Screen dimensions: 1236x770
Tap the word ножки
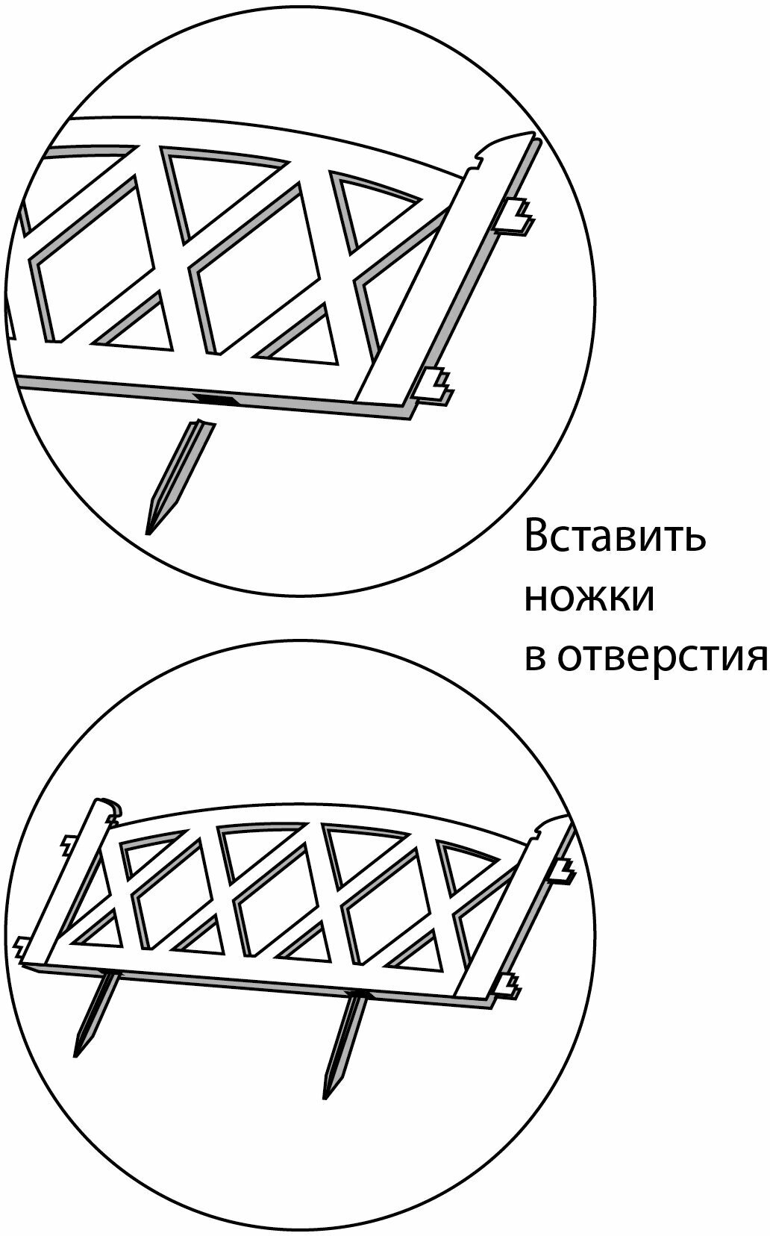[589, 598]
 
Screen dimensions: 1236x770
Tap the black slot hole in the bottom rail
[216, 399]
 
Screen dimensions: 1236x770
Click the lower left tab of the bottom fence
[22, 947]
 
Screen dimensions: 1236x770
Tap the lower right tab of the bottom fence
[509, 985]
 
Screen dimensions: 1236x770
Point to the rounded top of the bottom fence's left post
[108, 806]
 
